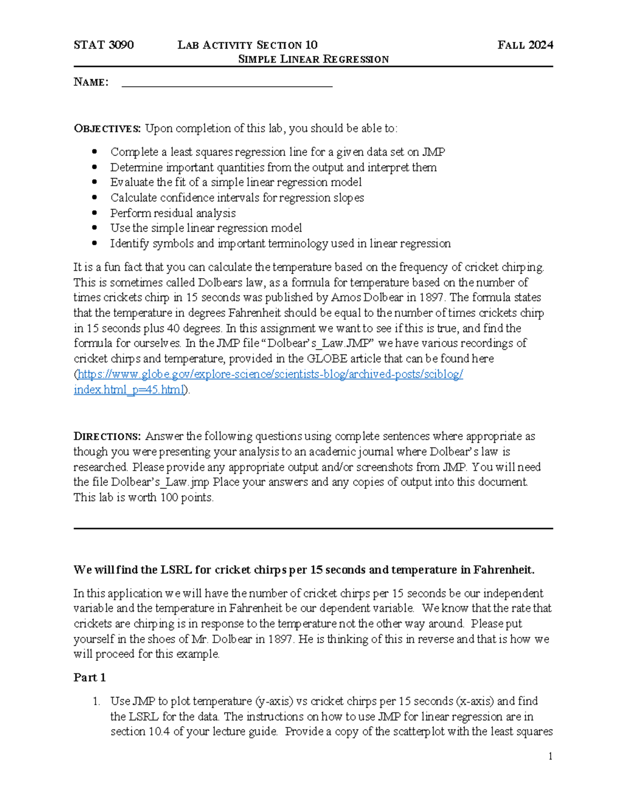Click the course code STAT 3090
click(103, 45)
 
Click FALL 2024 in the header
click(525, 45)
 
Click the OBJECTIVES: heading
click(107, 129)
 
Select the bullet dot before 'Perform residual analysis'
click(95, 213)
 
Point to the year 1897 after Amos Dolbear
click(429, 298)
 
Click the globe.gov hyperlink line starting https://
click(270, 374)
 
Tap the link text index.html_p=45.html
click(129, 390)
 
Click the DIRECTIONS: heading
click(107, 437)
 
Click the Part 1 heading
click(89, 678)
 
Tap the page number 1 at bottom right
click(550, 756)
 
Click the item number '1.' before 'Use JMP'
click(96, 702)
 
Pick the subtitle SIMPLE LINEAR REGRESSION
click(313, 59)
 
